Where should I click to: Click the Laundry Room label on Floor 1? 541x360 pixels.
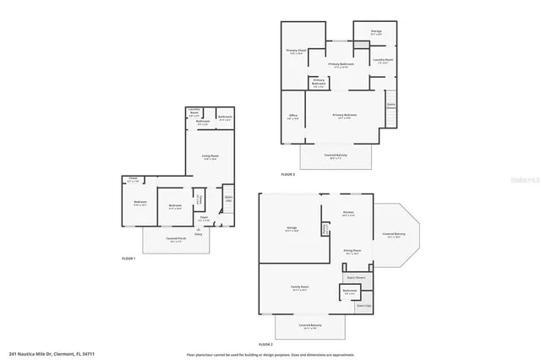pos(194,112)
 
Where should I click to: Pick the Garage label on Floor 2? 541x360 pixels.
pos(291,228)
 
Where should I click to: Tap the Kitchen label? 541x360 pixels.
pos(347,214)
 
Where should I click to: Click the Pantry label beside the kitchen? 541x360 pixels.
pos(325,228)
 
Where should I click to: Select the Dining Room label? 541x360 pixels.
pos(352,251)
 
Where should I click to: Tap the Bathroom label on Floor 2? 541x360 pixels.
pos(349,292)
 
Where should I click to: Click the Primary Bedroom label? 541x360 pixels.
pos(344,116)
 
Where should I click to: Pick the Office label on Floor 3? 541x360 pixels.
pos(292,117)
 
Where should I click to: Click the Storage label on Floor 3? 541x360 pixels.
pos(376,32)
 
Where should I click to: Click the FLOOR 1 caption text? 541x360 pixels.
pos(128,257)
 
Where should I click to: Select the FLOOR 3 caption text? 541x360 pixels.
pos(288,175)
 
